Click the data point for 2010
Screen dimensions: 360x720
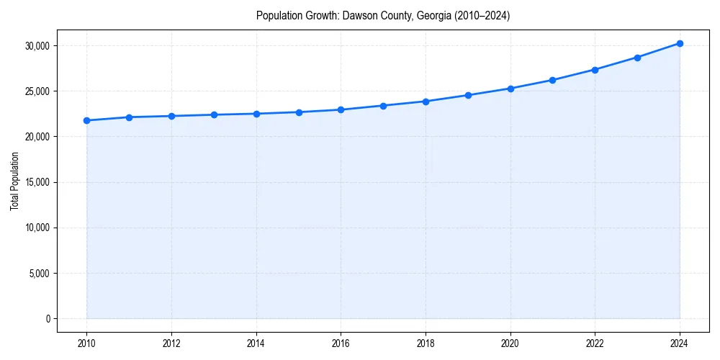click(x=86, y=120)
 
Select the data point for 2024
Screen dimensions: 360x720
click(x=680, y=43)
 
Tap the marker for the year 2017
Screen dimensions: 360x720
click(x=383, y=106)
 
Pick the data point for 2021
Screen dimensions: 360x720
click(x=552, y=80)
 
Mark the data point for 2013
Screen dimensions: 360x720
click(x=214, y=114)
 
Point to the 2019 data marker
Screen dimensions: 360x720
click(x=468, y=95)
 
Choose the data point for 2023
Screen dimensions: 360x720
click(x=637, y=58)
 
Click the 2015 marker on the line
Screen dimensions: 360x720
click(x=299, y=112)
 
